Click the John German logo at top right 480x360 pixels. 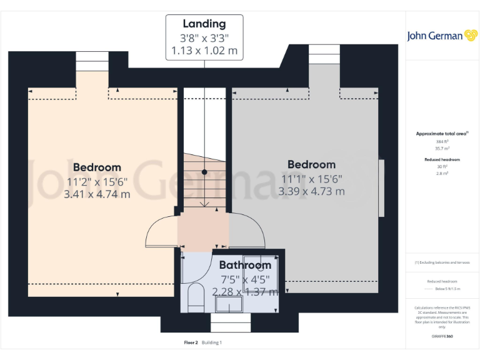point(442,36)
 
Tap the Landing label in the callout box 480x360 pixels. point(204,24)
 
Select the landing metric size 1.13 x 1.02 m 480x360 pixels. point(204,51)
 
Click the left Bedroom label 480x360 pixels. point(97,167)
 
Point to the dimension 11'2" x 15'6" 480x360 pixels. point(97,181)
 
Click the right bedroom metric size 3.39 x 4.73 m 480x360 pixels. point(311,191)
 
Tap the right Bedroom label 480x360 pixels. point(311,164)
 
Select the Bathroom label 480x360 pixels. point(245,266)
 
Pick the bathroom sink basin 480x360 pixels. point(229,304)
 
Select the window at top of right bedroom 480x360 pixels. point(324,54)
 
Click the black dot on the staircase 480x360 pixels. point(204,171)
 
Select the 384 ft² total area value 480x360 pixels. point(442,142)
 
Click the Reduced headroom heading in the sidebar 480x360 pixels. point(442,160)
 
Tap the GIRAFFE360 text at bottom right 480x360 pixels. point(442,337)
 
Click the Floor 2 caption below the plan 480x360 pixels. point(191,342)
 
